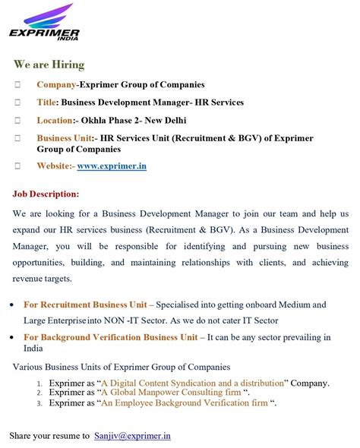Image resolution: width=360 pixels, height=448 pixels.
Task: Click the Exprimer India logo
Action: point(45,23)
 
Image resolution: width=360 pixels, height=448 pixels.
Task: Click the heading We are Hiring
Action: point(49,65)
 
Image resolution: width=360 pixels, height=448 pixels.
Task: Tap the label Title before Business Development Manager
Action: point(46,102)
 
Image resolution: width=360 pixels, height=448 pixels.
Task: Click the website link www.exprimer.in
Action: point(112,166)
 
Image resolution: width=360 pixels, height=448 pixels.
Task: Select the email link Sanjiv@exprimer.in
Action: point(133,436)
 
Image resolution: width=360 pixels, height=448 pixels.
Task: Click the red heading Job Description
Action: point(46,194)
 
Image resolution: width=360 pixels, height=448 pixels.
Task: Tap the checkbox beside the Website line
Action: point(17,166)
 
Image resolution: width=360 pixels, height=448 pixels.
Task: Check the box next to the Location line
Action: point(17,120)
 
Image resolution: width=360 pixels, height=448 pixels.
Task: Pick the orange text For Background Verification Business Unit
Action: point(111,337)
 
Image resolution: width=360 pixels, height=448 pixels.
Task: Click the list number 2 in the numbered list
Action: point(39,393)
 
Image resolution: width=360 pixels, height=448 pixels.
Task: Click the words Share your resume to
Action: point(49,436)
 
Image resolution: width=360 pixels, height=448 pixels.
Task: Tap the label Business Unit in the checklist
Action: point(65,138)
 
